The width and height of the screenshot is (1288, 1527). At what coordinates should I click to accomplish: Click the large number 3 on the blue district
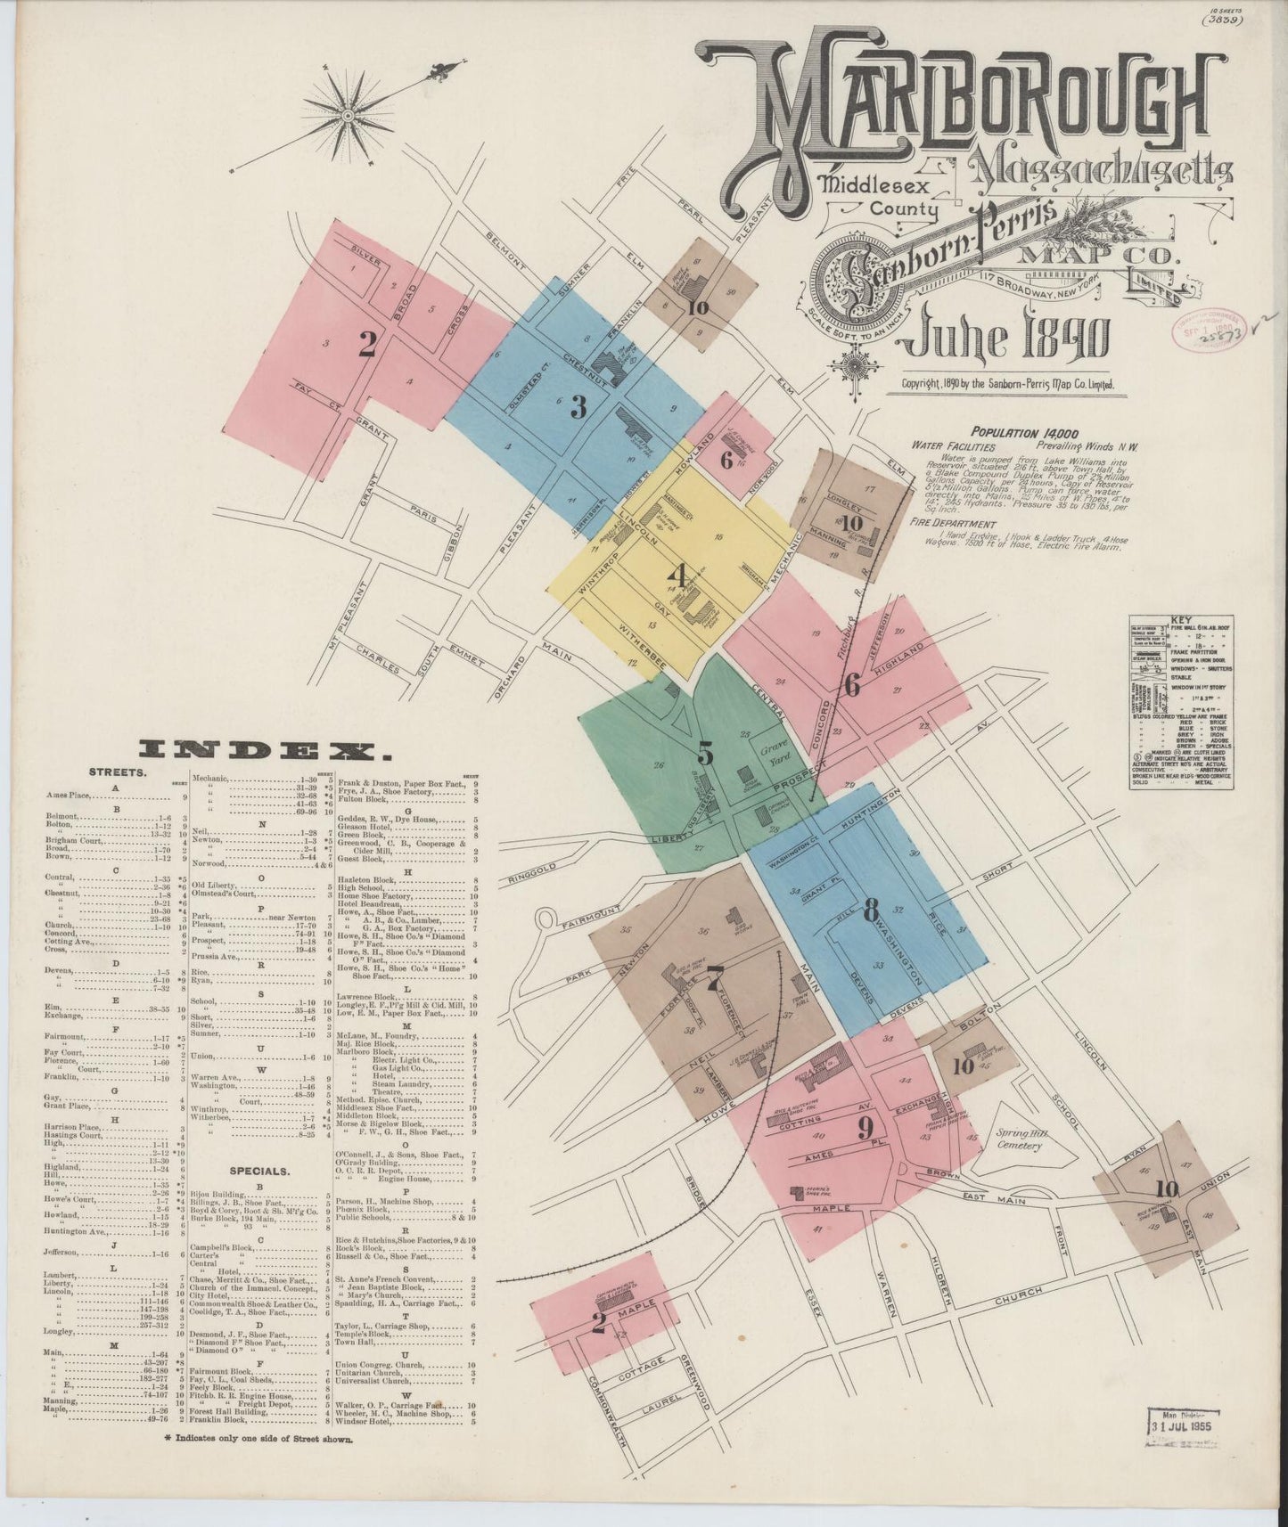[x=578, y=407]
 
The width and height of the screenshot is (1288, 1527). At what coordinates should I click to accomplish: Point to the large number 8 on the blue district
[x=871, y=909]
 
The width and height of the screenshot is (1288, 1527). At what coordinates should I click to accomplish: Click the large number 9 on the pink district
[x=864, y=1128]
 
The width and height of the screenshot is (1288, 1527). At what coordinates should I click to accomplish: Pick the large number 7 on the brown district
[x=713, y=983]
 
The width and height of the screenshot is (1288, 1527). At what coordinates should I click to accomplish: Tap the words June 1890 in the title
[x=1006, y=338]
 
